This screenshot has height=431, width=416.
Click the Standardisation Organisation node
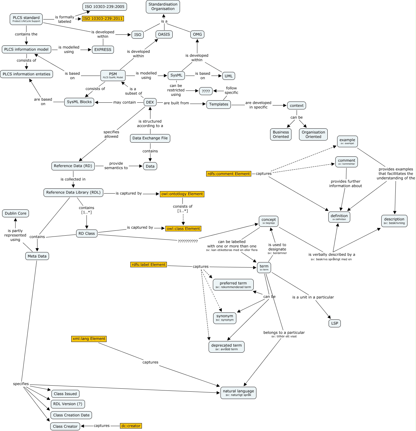pyautogui.click(x=163, y=7)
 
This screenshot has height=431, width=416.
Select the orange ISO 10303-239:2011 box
pyautogui.click(x=103, y=19)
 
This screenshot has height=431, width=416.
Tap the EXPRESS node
pyautogui.click(x=103, y=50)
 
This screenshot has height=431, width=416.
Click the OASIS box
pyautogui.click(x=164, y=34)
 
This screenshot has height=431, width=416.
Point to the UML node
pyautogui.click(x=228, y=76)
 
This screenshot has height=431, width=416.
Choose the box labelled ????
pyautogui.click(x=206, y=91)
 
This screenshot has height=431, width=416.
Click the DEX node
pyautogui.click(x=150, y=102)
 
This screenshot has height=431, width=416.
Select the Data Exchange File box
pyautogui.click(x=150, y=138)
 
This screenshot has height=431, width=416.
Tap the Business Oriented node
pyautogui.click(x=281, y=134)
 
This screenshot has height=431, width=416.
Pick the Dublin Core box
pyautogui.click(x=16, y=213)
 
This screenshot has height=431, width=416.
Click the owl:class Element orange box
pyautogui.click(x=183, y=229)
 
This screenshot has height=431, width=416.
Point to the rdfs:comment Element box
pyautogui.click(x=229, y=174)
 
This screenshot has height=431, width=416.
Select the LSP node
pyautogui.click(x=334, y=323)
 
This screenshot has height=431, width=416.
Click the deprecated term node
pyautogui.click(x=227, y=347)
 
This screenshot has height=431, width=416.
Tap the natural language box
pyautogui.click(x=238, y=393)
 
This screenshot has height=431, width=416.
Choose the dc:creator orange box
pyautogui.click(x=131, y=426)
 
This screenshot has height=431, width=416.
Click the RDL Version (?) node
pyautogui.click(x=68, y=404)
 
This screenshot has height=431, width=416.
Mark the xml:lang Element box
pyautogui.click(x=89, y=339)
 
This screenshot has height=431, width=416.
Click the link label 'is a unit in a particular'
pyautogui.click(x=313, y=297)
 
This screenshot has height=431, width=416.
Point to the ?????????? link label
pyautogui.click(x=188, y=241)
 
